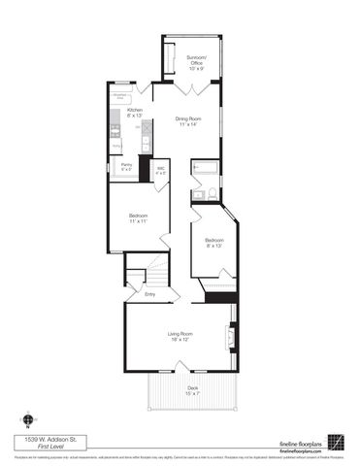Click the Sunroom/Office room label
tap(196, 64)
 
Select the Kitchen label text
tap(136, 113)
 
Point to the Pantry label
tap(127, 167)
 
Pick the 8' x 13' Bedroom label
tap(214, 243)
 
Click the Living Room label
tap(180, 337)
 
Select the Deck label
tap(193, 390)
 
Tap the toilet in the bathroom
tap(196, 193)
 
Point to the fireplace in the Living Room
tap(230, 339)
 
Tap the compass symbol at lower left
tap(29, 416)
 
